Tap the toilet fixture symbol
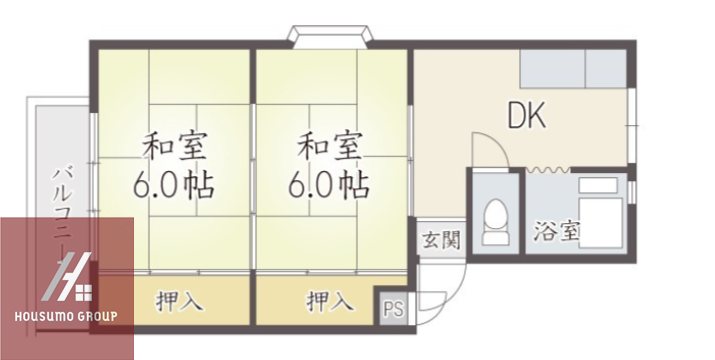[x=494, y=221]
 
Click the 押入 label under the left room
[x=180, y=299]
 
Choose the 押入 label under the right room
[x=329, y=299]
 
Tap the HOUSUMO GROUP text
[x=66, y=317]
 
